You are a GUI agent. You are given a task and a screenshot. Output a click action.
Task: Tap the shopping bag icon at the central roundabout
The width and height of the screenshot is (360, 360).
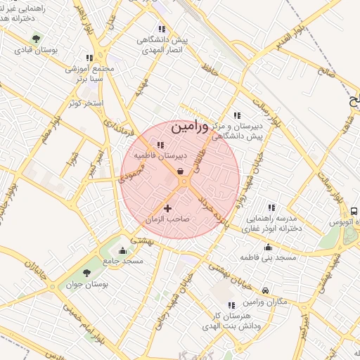(181, 171)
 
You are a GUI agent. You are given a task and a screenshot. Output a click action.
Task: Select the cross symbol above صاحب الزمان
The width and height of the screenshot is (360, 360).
(167, 208)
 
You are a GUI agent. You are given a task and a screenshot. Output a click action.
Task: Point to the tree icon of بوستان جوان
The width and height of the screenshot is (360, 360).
(86, 273)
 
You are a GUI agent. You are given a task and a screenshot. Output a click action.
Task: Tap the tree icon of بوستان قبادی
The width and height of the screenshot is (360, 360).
(37, 38)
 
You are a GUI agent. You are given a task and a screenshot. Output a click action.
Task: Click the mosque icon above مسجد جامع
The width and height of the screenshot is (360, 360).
(124, 250)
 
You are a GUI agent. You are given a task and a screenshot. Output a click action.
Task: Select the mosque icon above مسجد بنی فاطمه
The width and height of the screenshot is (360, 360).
(268, 247)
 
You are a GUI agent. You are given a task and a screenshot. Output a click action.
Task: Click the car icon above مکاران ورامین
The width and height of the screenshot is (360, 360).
(265, 290)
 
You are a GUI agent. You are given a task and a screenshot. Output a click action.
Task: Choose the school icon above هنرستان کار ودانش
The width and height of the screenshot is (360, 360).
(231, 305)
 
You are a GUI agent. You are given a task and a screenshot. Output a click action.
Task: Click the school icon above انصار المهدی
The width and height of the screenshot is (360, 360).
(162, 29)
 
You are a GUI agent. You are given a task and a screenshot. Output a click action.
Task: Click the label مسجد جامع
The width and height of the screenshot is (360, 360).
(124, 261)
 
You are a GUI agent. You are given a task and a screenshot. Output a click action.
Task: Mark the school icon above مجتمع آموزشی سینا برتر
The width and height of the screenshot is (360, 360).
(89, 58)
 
